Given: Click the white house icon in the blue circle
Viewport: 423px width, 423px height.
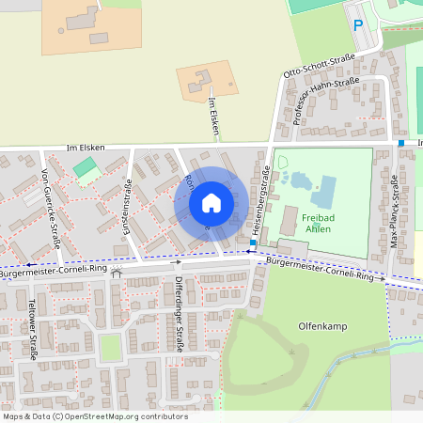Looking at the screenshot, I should [211, 202].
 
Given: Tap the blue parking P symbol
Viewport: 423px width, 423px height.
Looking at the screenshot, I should [357, 26].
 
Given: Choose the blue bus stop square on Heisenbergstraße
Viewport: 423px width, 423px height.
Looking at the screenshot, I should [253, 243].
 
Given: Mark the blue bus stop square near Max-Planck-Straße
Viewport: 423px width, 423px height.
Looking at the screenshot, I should [401, 143].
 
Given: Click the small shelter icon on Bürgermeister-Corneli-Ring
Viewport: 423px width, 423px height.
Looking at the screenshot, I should [117, 274].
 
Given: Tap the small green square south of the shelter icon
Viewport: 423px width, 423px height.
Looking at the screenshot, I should [111, 347].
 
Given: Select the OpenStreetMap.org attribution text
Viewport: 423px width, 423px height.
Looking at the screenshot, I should [122, 415].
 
